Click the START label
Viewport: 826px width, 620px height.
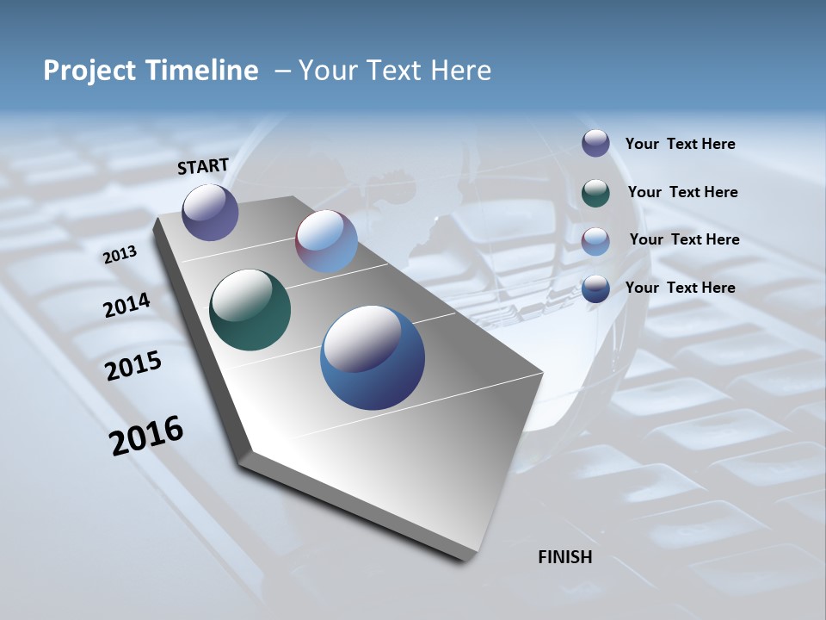coord(203,166)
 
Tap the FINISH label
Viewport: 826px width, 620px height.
coord(564,557)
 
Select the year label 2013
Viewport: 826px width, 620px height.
coord(120,254)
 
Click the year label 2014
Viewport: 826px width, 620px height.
coord(127,305)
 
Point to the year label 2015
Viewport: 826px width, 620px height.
coord(133,366)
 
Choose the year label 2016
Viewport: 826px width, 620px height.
coord(146,436)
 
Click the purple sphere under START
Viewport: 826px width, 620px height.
coord(210,212)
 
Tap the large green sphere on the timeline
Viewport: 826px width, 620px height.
coord(250,310)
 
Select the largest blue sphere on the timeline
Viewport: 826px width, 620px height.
coord(372,357)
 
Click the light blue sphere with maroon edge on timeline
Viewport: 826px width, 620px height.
coord(326,241)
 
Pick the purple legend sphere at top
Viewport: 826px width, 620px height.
coord(595,143)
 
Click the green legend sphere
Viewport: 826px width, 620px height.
coord(595,193)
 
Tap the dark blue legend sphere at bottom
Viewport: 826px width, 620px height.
coord(595,288)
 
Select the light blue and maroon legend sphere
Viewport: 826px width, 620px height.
coord(595,240)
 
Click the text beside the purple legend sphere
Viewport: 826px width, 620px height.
coord(680,144)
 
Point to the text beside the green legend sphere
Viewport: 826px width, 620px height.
coord(682,192)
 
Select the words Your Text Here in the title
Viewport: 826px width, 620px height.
coord(395,71)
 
